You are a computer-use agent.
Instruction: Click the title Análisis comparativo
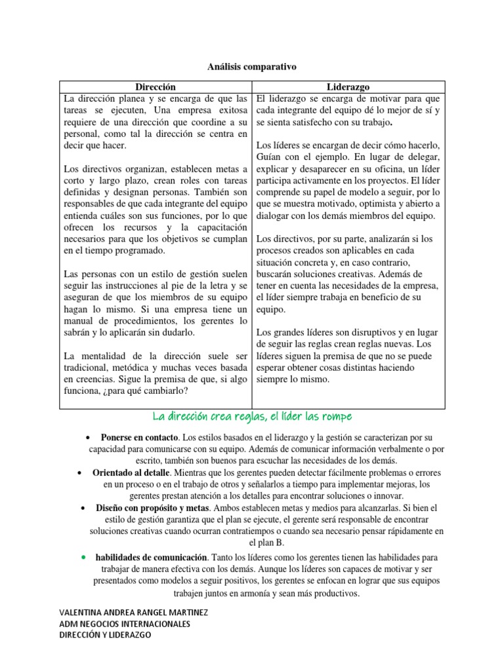(x=252, y=67)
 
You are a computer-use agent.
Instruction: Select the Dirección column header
(x=156, y=86)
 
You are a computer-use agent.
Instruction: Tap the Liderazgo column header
(x=348, y=86)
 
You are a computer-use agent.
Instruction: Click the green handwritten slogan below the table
(x=252, y=417)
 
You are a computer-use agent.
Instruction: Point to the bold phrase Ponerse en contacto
(x=139, y=437)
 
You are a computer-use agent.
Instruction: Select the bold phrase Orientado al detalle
(x=133, y=472)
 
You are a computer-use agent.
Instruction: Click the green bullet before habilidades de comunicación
(x=84, y=556)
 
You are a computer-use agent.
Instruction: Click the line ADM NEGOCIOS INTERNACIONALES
(x=125, y=624)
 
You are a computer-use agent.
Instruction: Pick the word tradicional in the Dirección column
(x=88, y=368)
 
